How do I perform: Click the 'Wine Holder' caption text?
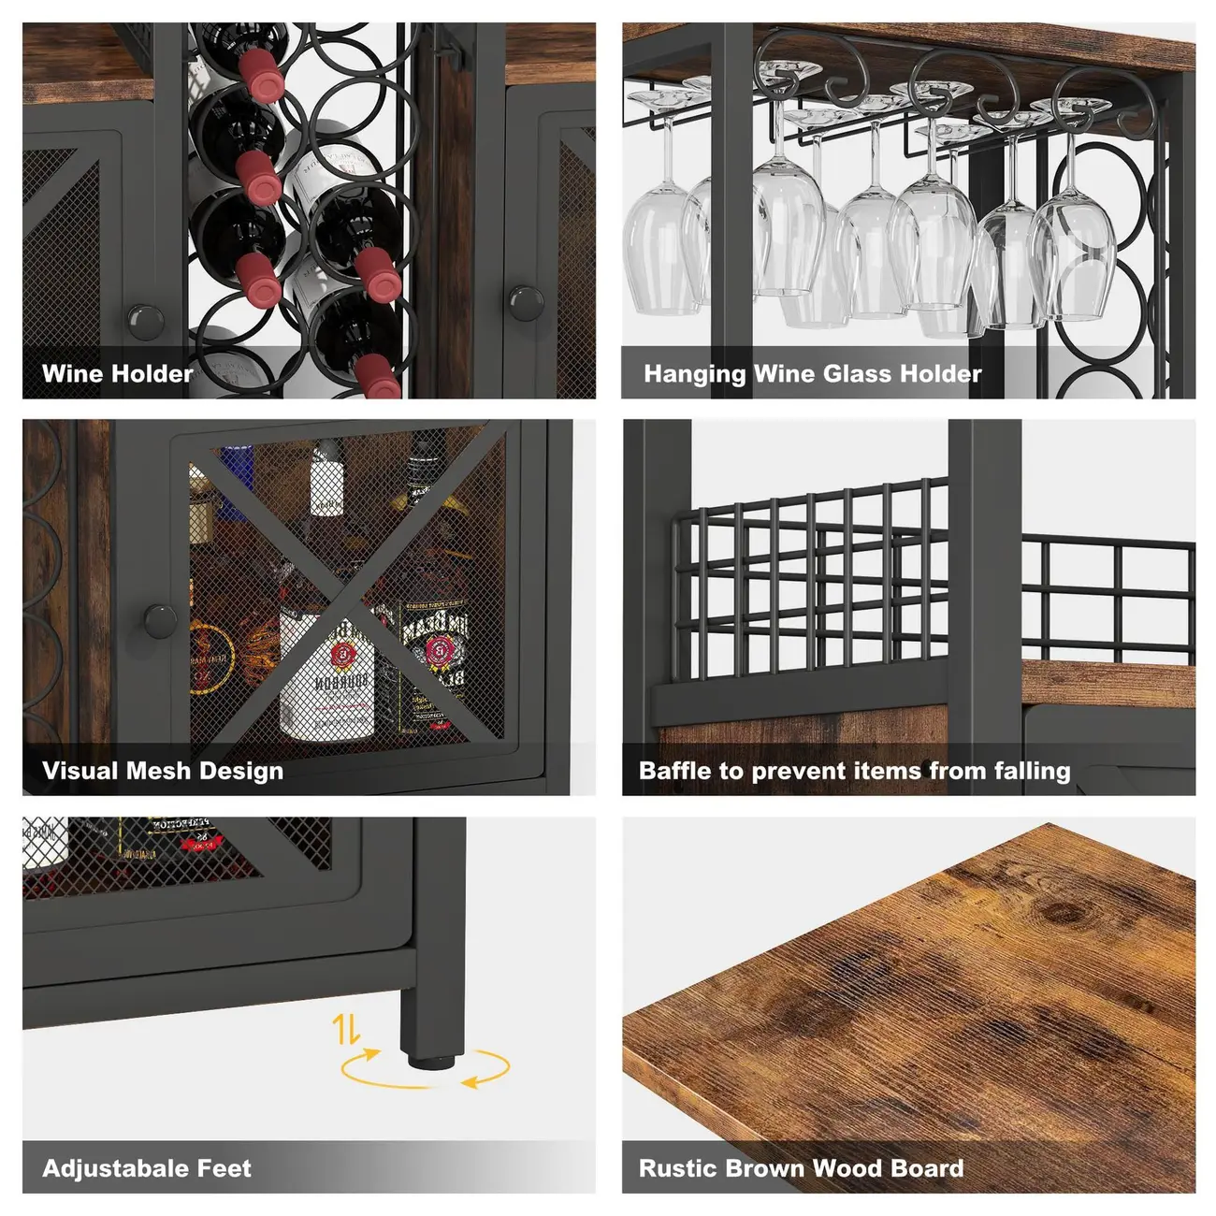point(117,374)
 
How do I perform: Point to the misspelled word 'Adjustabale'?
point(102,1168)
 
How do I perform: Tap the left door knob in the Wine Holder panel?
point(145,321)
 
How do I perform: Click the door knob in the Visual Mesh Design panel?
point(160,618)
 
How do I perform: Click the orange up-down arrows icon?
point(346,1030)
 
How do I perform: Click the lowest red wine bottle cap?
point(377,376)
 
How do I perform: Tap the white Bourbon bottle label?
point(327,673)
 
